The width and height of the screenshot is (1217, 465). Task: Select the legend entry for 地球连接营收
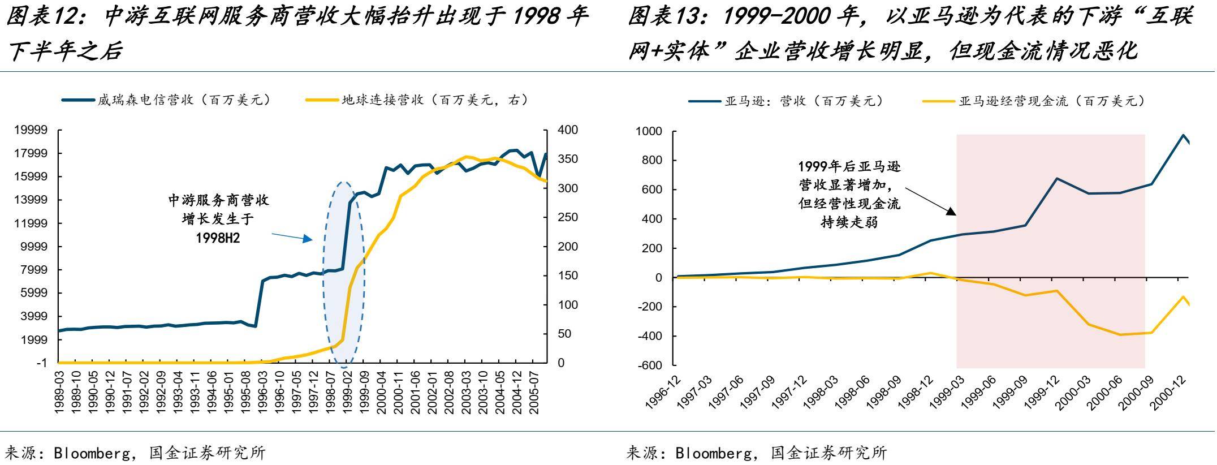pos(430,100)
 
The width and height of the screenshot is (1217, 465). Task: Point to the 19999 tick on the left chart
pos(31,130)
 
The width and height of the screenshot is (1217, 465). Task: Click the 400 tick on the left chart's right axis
pos(567,130)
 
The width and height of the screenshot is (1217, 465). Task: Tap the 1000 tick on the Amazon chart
pos(649,131)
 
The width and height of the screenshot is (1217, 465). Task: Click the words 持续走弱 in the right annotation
pos(849,221)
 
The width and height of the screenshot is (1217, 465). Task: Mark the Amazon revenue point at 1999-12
pos(1057,179)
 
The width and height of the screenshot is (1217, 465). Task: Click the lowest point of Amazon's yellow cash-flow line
pos(1120,335)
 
